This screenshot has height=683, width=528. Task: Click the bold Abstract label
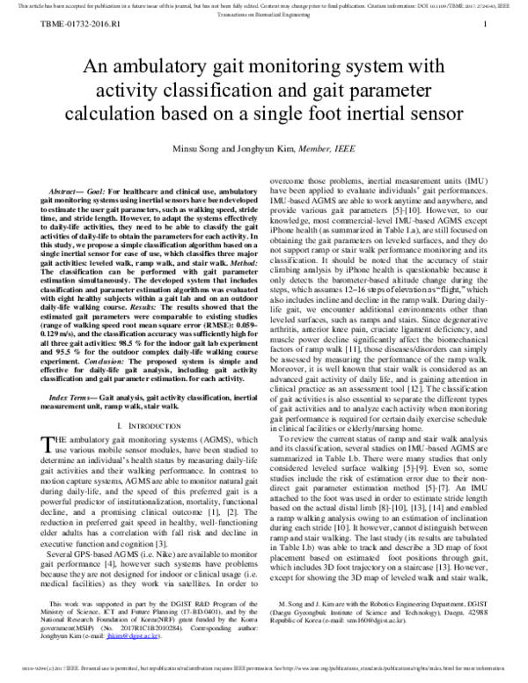(70, 191)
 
